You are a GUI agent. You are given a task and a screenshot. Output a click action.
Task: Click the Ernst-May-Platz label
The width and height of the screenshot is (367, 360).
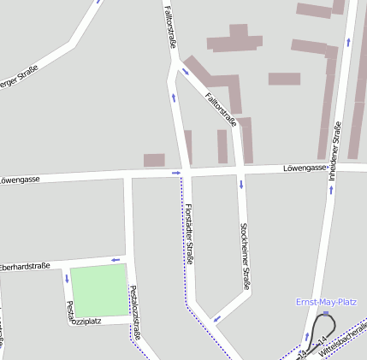(x=326, y=302)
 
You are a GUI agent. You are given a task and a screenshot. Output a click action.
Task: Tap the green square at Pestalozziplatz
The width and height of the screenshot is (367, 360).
(x=98, y=291)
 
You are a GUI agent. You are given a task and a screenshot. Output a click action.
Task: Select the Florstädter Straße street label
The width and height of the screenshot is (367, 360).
(x=188, y=234)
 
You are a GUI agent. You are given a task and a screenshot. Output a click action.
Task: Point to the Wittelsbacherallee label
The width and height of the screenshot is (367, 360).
(x=342, y=339)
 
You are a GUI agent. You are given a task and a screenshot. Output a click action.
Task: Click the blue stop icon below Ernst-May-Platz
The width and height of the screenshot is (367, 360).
(x=325, y=313)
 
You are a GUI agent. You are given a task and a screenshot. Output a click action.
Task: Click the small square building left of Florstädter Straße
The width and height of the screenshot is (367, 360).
(x=154, y=160)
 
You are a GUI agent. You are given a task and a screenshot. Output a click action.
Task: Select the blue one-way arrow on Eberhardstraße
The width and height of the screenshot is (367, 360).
(x=114, y=259)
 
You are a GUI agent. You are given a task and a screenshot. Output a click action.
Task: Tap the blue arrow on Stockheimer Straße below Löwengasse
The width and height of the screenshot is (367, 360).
(x=241, y=184)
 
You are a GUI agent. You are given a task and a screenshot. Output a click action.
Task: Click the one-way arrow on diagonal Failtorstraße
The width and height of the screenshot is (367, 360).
(x=232, y=122)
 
